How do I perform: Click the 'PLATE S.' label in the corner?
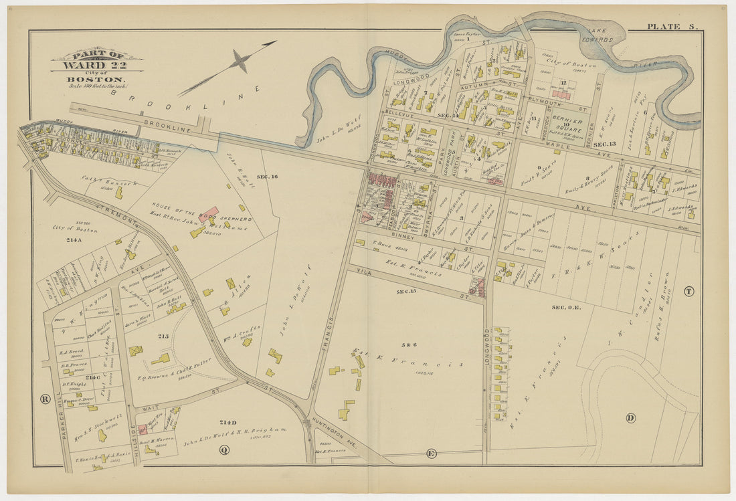tap(672, 26)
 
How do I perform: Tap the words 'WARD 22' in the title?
tap(97, 65)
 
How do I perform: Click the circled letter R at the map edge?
tap(45, 399)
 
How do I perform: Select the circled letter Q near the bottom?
tap(223, 449)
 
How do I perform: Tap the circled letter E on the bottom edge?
tap(431, 454)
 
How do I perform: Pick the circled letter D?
tap(630, 418)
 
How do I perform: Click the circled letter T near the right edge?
tap(688, 291)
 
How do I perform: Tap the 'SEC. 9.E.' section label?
tap(566, 307)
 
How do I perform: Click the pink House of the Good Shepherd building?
tap(208, 214)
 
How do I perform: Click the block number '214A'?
tap(73, 239)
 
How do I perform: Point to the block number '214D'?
tap(228, 422)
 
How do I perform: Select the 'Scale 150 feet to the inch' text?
tap(97, 86)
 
